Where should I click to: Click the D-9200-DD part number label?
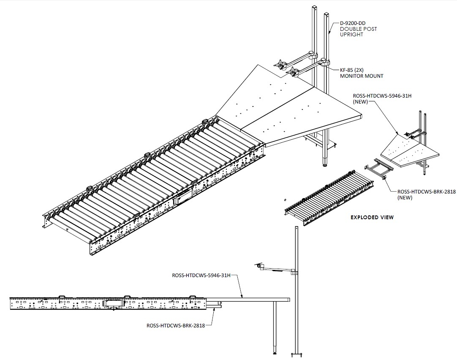(x=353, y=23)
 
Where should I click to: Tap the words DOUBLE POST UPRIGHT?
(x=358, y=32)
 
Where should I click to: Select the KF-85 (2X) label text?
(x=352, y=70)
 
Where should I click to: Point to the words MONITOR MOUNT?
(x=362, y=76)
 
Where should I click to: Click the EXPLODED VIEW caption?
(x=372, y=218)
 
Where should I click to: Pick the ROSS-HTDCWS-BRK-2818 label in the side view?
(x=176, y=326)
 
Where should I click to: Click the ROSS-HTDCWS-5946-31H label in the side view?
(x=201, y=275)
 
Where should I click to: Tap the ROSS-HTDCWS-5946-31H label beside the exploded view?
(x=382, y=95)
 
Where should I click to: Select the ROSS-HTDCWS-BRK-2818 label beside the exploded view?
(x=427, y=192)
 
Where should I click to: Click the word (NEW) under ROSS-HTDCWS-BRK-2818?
(x=405, y=198)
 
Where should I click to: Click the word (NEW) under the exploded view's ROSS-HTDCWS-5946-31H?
(x=360, y=102)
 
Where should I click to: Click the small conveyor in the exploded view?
(x=329, y=198)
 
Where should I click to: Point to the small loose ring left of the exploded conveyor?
(x=285, y=200)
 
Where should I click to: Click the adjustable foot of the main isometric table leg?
(x=326, y=163)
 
